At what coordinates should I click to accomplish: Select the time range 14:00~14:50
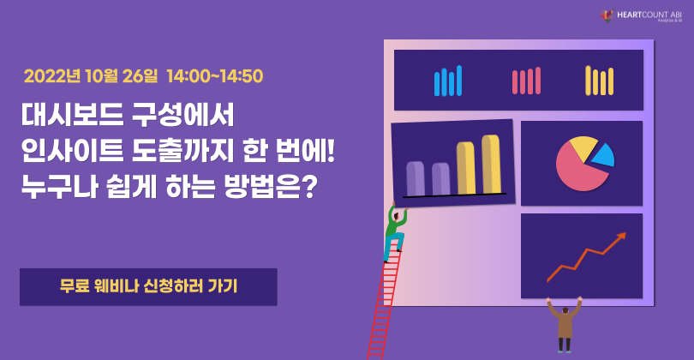(215, 75)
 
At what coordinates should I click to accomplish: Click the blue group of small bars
(448, 81)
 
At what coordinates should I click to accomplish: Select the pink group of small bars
(526, 81)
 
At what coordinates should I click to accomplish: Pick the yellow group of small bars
(600, 81)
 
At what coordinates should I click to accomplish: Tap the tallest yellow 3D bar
(491, 164)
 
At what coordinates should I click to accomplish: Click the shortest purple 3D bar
(441, 178)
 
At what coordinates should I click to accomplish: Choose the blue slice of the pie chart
(603, 154)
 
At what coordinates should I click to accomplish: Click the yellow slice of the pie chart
(583, 147)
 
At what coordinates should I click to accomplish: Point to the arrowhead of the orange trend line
(620, 236)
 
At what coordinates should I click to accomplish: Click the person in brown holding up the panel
(564, 324)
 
